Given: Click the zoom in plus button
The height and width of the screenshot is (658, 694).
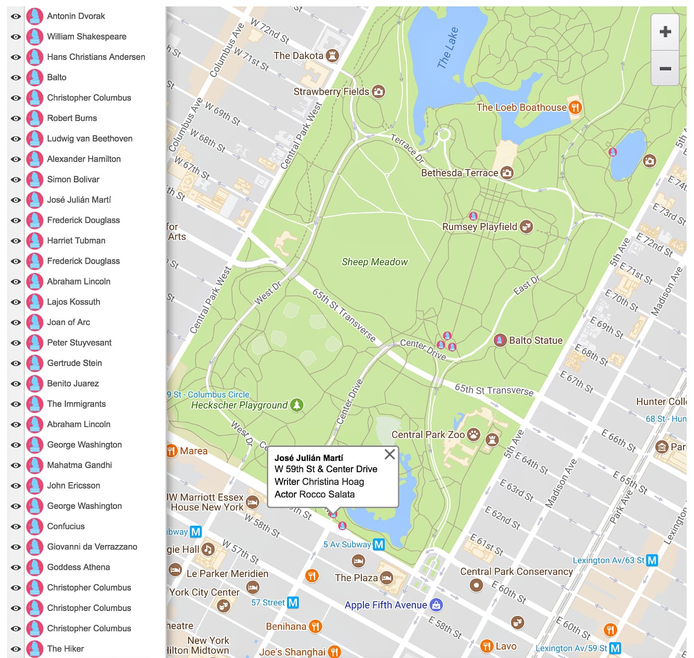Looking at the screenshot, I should (x=665, y=32).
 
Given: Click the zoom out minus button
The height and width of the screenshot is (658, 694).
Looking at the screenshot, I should (x=665, y=68).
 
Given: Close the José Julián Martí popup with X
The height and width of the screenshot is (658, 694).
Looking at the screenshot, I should (x=390, y=454).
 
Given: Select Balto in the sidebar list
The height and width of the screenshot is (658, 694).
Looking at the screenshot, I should (x=57, y=77).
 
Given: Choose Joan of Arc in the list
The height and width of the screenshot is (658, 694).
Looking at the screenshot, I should (x=68, y=322).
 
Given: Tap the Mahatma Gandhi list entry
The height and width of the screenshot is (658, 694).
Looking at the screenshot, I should (x=79, y=465).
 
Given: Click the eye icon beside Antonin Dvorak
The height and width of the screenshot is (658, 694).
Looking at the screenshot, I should (x=16, y=16).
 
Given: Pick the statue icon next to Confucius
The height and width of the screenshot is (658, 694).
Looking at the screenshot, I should (x=35, y=526).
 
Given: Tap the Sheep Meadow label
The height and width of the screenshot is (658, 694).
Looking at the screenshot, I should (x=374, y=262).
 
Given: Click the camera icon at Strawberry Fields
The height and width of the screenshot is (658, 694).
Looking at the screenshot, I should (x=379, y=92).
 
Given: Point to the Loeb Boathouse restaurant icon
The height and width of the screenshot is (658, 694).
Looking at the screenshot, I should (x=575, y=108).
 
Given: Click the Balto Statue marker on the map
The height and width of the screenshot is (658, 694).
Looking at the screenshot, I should (x=500, y=340).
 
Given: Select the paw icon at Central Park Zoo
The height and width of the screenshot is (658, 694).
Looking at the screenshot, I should (x=473, y=435).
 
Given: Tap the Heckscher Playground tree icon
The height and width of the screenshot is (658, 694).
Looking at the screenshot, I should (x=296, y=405).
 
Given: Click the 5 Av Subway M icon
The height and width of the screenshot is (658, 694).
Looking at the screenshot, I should (x=379, y=545).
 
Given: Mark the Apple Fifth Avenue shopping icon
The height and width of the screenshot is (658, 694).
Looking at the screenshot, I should (x=436, y=605).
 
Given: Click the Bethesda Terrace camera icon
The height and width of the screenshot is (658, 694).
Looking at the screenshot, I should (x=507, y=173).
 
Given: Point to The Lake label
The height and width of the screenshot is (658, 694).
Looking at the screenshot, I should (x=448, y=48).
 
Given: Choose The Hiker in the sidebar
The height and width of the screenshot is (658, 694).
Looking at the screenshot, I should (x=65, y=649).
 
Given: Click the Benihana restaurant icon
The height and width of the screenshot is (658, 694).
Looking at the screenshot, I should (x=315, y=627).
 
